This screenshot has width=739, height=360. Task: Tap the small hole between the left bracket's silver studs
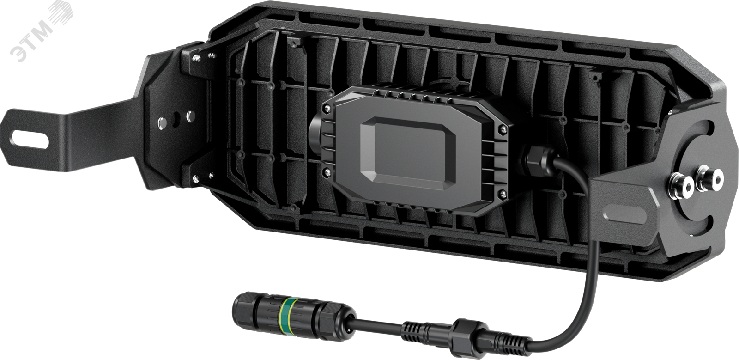pyautogui.click(x=175, y=119)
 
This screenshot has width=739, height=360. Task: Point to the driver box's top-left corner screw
pyautogui.click(x=327, y=108)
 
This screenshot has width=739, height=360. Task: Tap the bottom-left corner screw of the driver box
pyautogui.click(x=327, y=171)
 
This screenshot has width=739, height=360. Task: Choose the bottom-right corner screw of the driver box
pyautogui.click(x=503, y=194)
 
